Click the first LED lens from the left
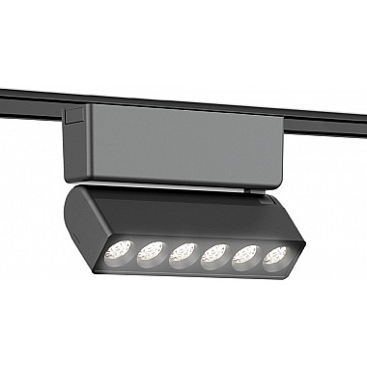pos(120,247)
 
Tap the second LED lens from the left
pos(150,253)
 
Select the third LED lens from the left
pos(182,257)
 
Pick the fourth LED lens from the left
pos(213,259)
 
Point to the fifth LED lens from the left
pos(245,258)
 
